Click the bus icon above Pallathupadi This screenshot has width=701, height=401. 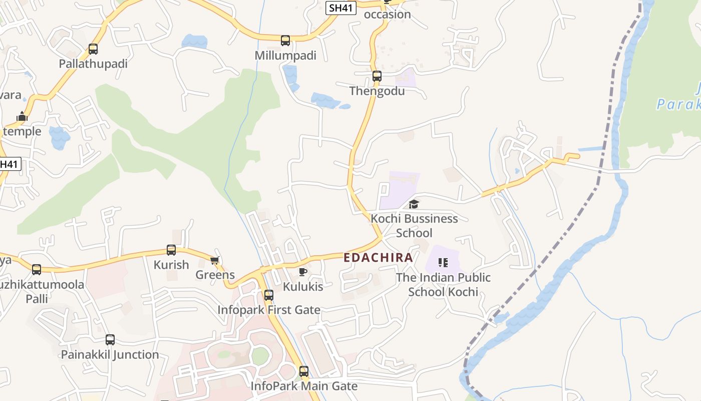click(x=93, y=49)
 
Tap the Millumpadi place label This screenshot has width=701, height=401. click(x=285, y=56)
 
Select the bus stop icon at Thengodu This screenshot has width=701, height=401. click(x=377, y=76)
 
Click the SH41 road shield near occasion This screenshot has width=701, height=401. click(x=341, y=8)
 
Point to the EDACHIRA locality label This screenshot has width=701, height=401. click(x=379, y=258)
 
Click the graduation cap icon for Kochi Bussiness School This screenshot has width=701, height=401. click(x=414, y=204)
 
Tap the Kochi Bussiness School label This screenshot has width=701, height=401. click(x=414, y=226)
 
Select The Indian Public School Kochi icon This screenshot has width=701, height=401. click(x=443, y=263)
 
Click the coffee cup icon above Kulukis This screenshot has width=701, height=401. click(x=302, y=272)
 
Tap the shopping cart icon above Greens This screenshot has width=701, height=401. click(x=215, y=260)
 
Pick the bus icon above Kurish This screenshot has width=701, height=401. click(x=171, y=250)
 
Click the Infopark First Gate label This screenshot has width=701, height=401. click(x=269, y=310)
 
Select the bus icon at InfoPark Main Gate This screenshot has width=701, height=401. click(x=304, y=371)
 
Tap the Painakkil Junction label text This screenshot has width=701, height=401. click(x=110, y=354)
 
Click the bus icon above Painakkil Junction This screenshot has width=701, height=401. click(x=110, y=340)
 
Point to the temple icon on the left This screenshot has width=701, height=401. click(x=22, y=117)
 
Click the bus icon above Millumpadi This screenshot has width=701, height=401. click(x=285, y=41)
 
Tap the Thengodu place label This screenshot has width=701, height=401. click(x=377, y=91)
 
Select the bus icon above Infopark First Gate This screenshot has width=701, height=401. click(x=269, y=295)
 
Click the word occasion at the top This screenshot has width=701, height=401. click(x=387, y=14)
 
